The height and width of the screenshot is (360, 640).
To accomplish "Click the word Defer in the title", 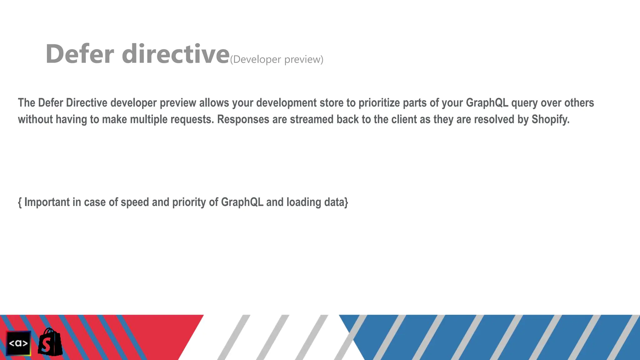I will [x=80, y=54].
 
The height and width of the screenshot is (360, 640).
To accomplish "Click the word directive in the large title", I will [x=176, y=54].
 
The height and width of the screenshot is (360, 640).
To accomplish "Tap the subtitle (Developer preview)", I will [x=277, y=59].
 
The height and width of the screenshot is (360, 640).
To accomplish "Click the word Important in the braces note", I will [x=47, y=202].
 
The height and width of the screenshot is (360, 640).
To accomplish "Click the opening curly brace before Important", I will [x=20, y=202].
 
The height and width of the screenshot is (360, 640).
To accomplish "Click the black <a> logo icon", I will [x=18, y=343].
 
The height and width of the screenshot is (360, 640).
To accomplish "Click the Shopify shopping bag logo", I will [x=50, y=342].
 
